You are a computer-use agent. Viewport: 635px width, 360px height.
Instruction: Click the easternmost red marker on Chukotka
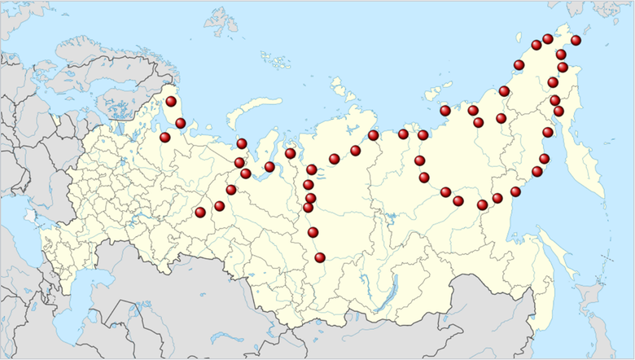pos(576,40)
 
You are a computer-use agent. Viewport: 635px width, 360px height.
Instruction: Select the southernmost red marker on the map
pos(320,257)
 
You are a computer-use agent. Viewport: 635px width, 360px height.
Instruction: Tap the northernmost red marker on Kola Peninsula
pos(171,101)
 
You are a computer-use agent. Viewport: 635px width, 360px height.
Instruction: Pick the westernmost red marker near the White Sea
pos(165,137)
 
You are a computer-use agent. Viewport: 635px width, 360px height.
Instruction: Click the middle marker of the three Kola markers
pos(180,123)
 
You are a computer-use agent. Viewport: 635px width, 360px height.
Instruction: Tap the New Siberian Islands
pos(444,90)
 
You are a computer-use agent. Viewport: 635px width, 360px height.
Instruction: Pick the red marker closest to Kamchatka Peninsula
pos(548,132)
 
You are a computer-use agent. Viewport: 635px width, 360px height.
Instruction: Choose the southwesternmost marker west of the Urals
pos(200,213)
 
